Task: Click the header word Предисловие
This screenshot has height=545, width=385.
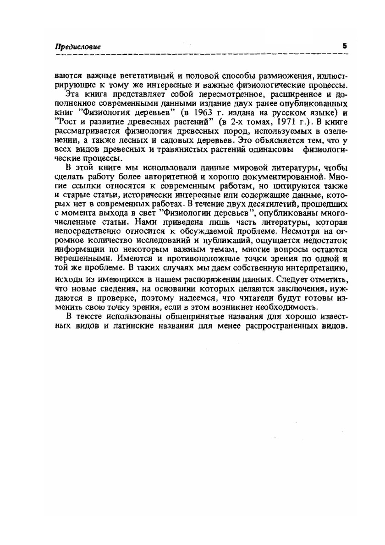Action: (x=77, y=47)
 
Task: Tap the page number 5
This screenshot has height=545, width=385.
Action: (x=344, y=46)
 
